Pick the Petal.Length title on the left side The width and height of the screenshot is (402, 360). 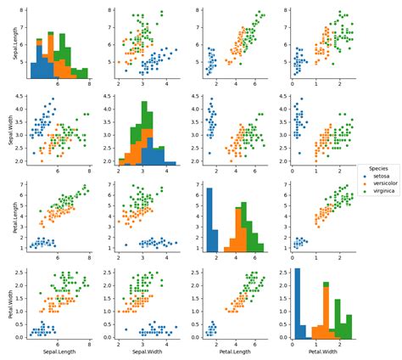click(10, 217)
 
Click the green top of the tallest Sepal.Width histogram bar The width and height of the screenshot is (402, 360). click(148, 116)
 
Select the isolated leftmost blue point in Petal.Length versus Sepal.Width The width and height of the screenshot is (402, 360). click(126, 245)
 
